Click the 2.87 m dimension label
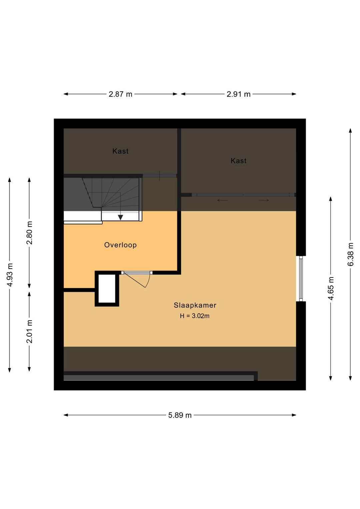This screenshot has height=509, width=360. click(x=120, y=94)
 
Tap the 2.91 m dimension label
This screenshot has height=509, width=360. click(x=238, y=94)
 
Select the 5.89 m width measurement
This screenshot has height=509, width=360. click(x=180, y=415)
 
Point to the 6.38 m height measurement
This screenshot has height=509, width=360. click(x=350, y=254)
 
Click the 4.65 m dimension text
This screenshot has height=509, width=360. click(x=331, y=289)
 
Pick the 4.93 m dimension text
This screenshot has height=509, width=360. click(x=10, y=275)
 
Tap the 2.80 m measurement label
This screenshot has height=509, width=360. click(x=29, y=233)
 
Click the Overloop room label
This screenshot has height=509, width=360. click(x=120, y=245)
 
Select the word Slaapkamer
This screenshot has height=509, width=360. click(x=195, y=305)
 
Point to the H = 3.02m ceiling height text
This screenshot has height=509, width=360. click(x=195, y=316)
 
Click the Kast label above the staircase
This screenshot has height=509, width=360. click(x=120, y=151)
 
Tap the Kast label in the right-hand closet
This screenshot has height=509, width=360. click(x=238, y=161)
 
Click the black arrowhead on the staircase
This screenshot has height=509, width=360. click(x=120, y=217)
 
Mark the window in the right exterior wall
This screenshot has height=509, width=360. click(x=301, y=279)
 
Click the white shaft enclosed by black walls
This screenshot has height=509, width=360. click(x=107, y=289)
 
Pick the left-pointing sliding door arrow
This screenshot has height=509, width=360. click(x=222, y=200)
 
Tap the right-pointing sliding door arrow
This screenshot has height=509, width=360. click(x=264, y=200)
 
